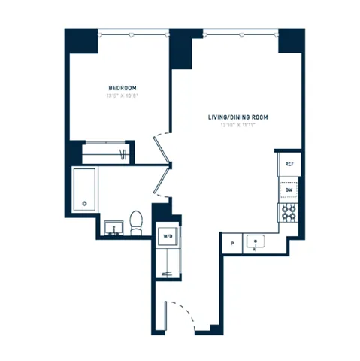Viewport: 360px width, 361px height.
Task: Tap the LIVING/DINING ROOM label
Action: (x=237, y=118)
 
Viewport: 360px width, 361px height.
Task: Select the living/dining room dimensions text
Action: (x=237, y=126)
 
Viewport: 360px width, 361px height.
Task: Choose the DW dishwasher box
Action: (x=288, y=190)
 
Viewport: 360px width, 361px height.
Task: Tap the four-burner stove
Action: (x=288, y=213)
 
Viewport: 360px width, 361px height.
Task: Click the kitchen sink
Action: (x=256, y=242)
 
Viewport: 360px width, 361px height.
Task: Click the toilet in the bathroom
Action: (x=136, y=220)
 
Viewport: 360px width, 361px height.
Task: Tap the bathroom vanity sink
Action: (x=115, y=226)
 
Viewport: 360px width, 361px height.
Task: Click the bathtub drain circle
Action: (x=84, y=203)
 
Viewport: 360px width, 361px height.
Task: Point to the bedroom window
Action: (x=132, y=33)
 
